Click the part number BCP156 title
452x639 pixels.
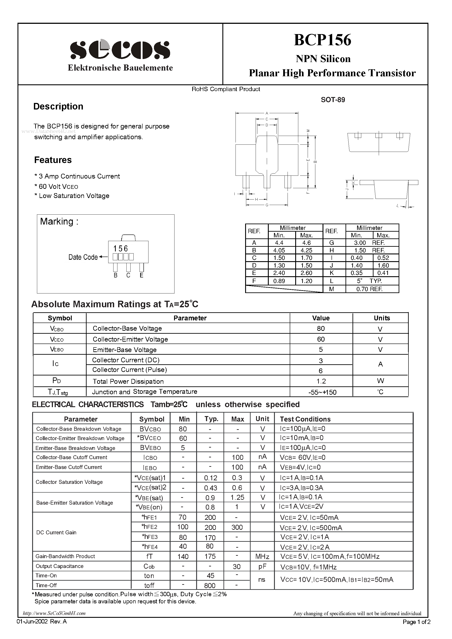click(323, 40)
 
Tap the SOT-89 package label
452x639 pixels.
click(333, 100)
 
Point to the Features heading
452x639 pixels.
click(53, 160)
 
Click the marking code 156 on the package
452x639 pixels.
click(120, 248)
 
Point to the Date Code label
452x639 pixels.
click(83, 257)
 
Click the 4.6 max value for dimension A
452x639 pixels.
click(306, 243)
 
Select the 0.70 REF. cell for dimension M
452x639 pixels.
click(369, 289)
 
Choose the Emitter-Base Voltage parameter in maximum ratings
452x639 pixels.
click(124, 350)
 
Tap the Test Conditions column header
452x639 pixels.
click(305, 419)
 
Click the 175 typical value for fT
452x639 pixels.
click(210, 556)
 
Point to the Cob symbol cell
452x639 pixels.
click(149, 566)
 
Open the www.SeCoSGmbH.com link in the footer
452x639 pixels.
click(54, 613)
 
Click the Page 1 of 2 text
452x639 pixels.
click(416, 622)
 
